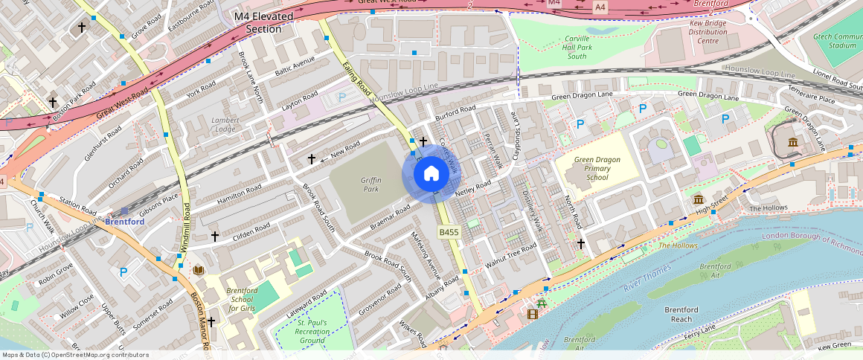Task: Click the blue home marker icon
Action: [431, 174]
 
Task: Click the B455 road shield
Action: [448, 233]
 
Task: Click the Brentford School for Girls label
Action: [241, 299]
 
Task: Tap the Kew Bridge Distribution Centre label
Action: [698, 32]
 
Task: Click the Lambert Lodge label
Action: [225, 124]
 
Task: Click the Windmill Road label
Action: [188, 226]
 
